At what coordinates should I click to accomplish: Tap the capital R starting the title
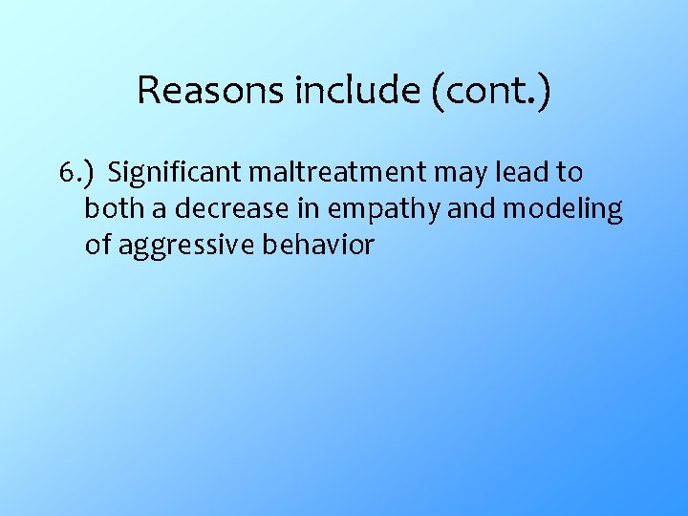[147, 91]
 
